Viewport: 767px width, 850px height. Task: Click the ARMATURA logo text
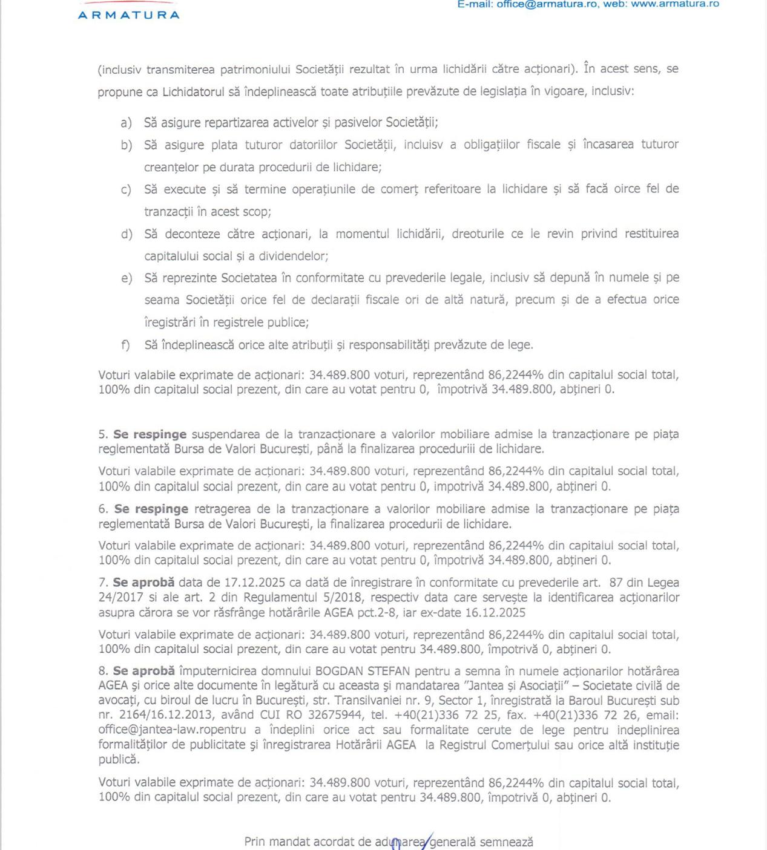[128, 15]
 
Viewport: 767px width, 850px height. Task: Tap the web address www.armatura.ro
[675, 4]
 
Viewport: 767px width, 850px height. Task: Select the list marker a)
[126, 123]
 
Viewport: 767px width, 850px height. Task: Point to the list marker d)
[127, 234]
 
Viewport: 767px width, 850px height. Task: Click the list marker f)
[125, 345]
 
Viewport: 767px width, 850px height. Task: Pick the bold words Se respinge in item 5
[150, 434]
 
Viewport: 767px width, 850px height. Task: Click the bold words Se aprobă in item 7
[144, 583]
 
